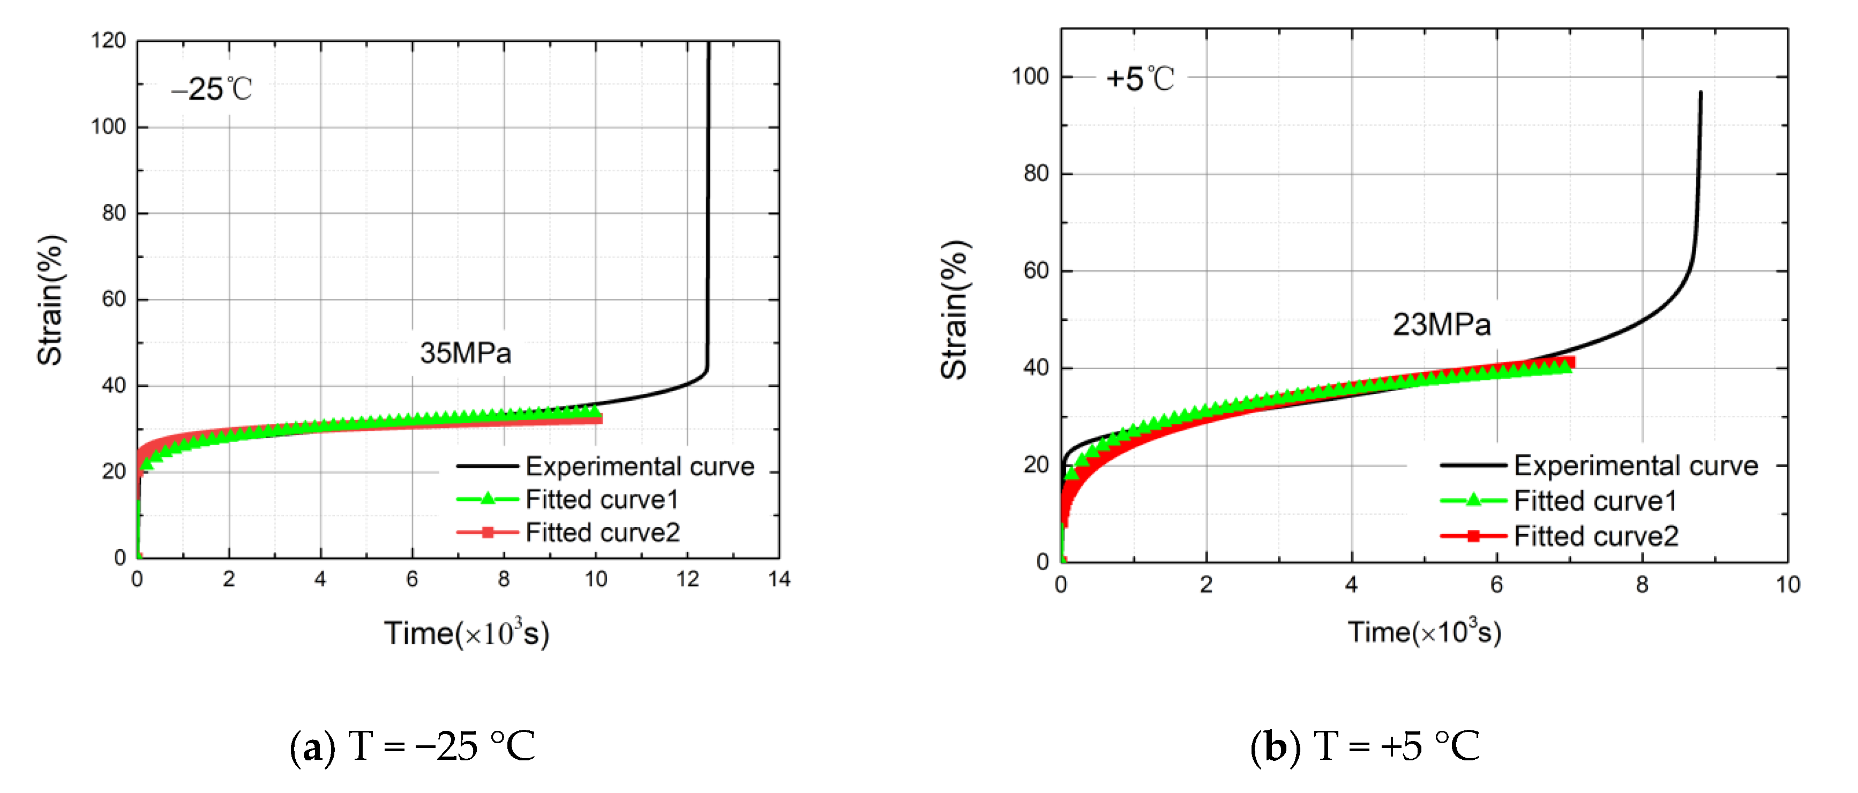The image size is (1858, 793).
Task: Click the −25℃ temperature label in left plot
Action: (211, 89)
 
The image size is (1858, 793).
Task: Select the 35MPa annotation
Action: (465, 353)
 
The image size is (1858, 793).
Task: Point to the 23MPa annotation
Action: (1441, 325)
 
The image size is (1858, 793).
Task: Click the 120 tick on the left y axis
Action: (108, 40)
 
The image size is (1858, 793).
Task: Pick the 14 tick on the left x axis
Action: (779, 579)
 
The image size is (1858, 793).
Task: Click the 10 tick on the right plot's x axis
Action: (1787, 585)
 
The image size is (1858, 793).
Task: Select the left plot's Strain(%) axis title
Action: (50, 300)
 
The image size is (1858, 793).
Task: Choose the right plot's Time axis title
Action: (1425, 633)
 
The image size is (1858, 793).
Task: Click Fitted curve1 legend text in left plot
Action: (602, 499)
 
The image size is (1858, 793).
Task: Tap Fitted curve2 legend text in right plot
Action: (1595, 536)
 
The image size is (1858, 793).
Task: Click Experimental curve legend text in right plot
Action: (1635, 466)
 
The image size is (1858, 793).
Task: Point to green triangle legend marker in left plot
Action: (488, 499)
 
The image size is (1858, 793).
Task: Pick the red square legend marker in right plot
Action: (1473, 536)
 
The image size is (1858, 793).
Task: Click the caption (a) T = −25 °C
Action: (412, 745)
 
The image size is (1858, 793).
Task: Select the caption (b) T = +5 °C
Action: (1364, 745)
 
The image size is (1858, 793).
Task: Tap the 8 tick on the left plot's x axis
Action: (504, 579)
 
